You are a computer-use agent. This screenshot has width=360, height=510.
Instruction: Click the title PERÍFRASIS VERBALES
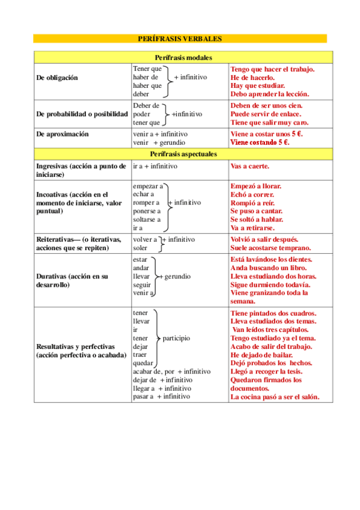click(x=180, y=38)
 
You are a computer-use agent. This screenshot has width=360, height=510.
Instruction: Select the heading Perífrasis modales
click(x=180, y=57)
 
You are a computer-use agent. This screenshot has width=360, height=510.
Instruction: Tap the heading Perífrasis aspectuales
click(x=180, y=154)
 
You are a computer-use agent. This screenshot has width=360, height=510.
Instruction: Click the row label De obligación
click(x=57, y=78)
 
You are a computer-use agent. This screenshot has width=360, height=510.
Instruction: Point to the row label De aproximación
click(x=63, y=134)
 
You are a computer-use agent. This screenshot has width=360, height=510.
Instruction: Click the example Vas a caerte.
click(x=250, y=166)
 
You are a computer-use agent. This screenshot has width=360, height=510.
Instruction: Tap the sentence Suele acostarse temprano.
click(x=270, y=248)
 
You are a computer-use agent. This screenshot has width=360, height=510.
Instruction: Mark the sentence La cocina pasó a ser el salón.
click(x=275, y=397)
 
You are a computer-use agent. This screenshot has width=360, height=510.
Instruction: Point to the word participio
click(x=175, y=338)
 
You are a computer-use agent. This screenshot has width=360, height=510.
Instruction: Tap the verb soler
click(x=140, y=248)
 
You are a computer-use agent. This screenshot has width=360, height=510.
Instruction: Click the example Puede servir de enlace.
click(x=266, y=114)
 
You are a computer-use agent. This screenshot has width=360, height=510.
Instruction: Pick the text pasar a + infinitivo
click(x=161, y=396)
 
